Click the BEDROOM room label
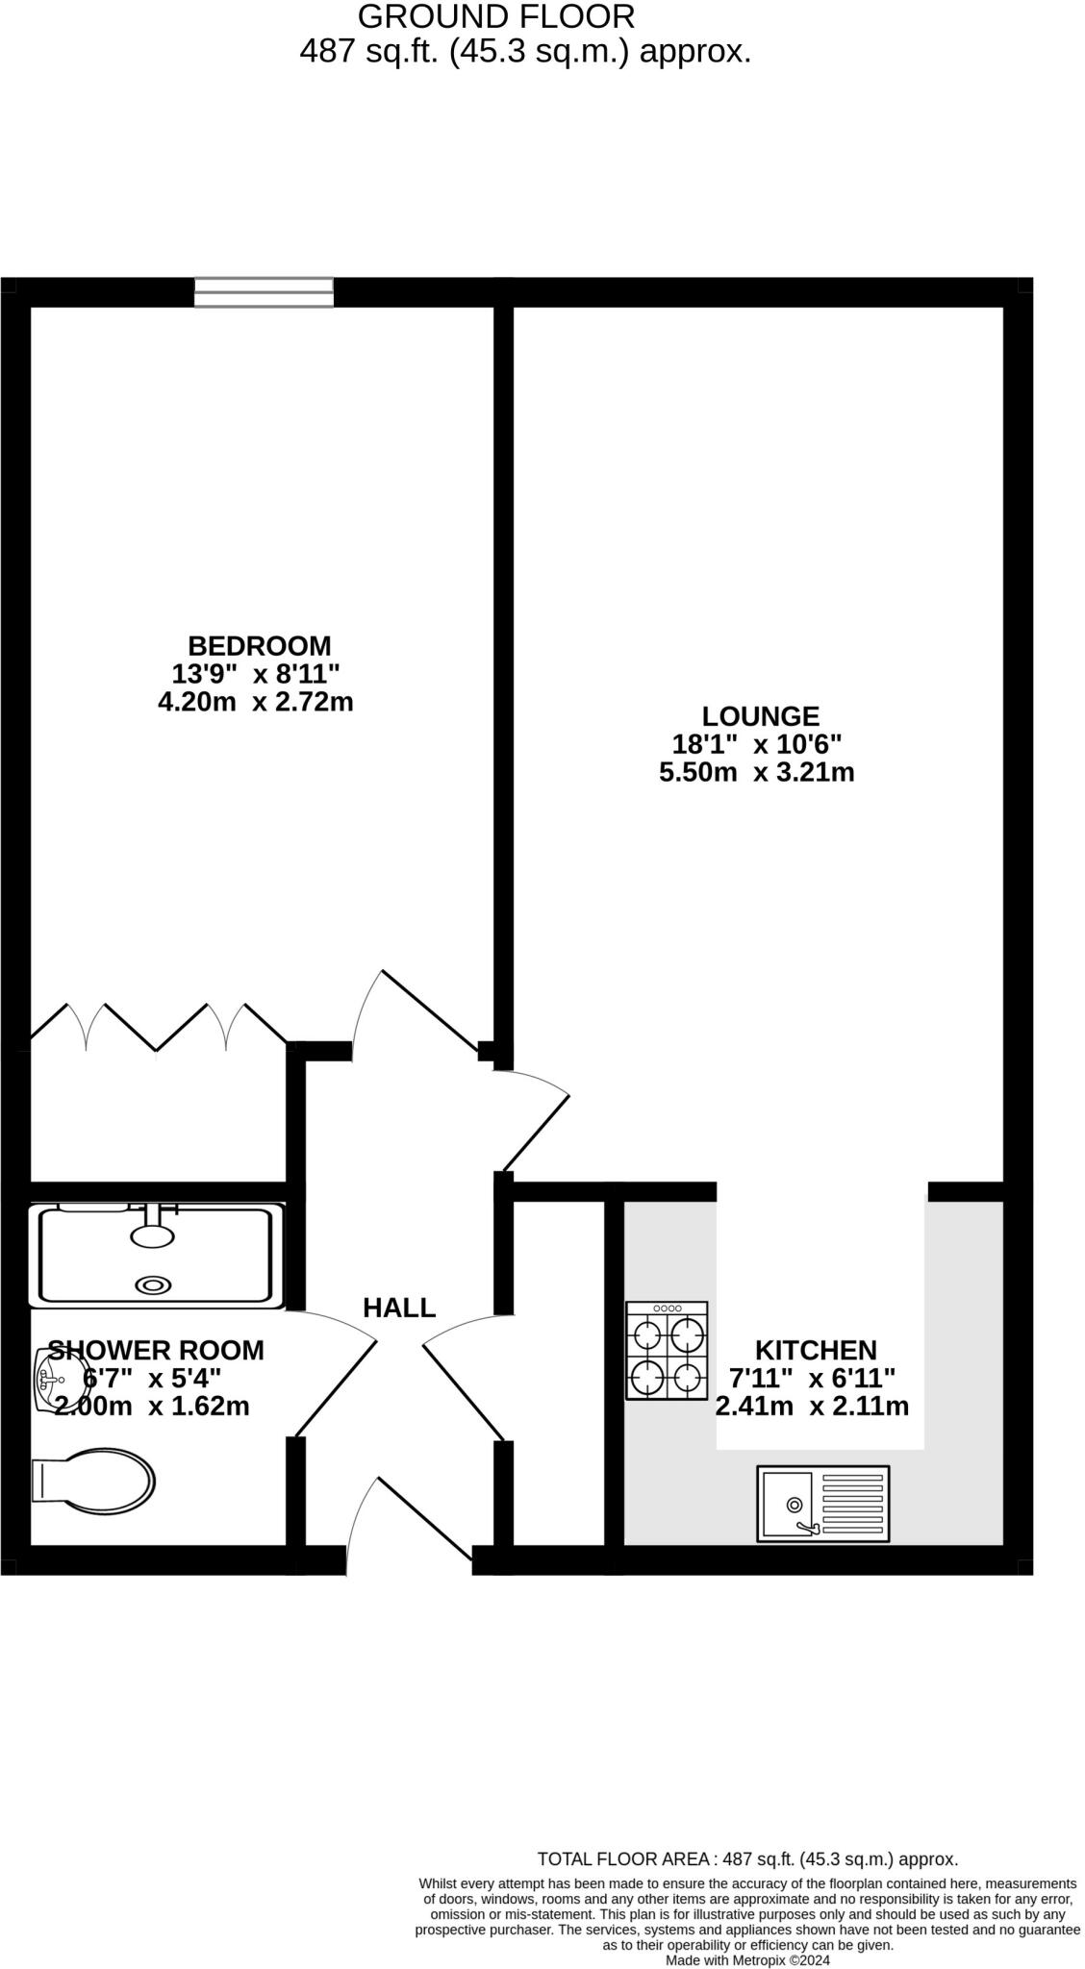pos(259,645)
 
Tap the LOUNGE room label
pos(760,716)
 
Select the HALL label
pos(399,1308)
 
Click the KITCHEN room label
pos(815,1350)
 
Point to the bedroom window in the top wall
pos(264,292)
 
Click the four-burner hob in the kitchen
pos(667,1351)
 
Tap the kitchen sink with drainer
pos(822,1504)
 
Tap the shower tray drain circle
pos(153,1284)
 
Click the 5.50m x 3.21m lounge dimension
pos(756,772)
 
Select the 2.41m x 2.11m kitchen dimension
pos(812,1407)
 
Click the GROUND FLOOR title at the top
pos(496,16)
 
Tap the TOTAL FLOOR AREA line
pos(746,1859)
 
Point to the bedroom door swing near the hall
pos(414,1009)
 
